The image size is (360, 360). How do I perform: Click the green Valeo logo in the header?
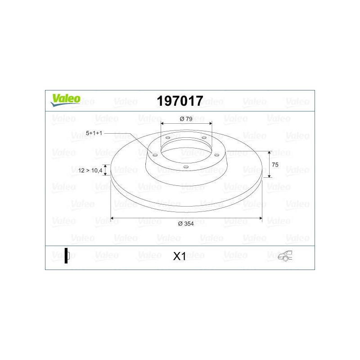[65, 100]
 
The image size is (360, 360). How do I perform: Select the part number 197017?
[180, 101]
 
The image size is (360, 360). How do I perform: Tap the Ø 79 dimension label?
[186, 119]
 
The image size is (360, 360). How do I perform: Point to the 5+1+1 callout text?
[94, 133]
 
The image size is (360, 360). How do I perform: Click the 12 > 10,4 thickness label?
[90, 171]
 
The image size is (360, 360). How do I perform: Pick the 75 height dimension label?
[275, 165]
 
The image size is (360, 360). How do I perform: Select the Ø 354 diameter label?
[186, 224]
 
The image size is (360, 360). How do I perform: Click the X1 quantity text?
[179, 256]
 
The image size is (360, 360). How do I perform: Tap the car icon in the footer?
[285, 256]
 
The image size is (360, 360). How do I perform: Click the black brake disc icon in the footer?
[67, 256]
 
